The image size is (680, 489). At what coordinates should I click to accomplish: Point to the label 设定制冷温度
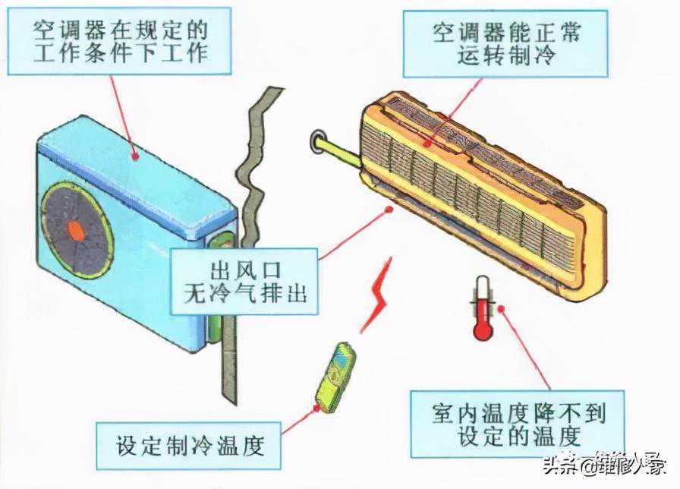[190, 444]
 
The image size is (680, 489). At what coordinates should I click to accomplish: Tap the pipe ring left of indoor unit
[320, 140]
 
